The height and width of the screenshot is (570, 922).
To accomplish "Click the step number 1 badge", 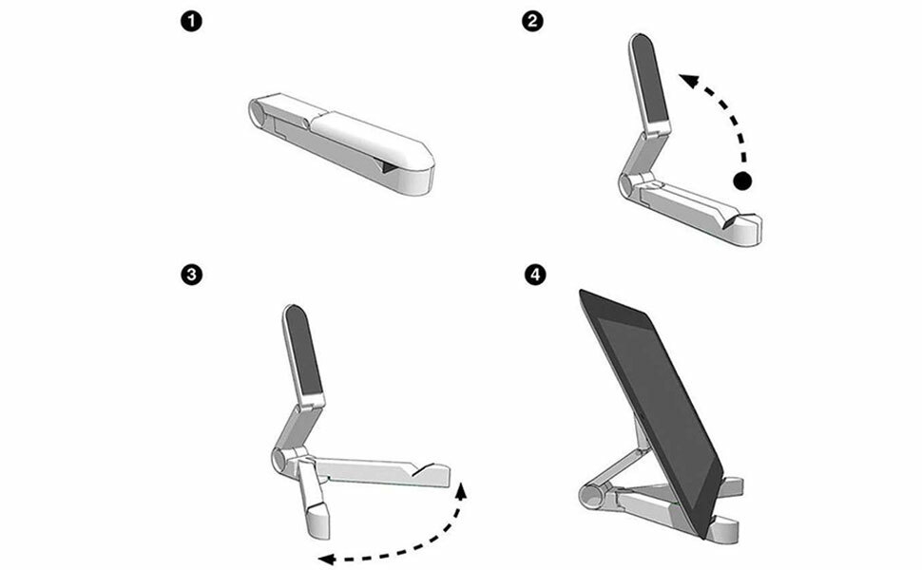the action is coord(191,23).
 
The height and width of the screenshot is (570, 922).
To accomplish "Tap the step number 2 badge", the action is coord(532,22).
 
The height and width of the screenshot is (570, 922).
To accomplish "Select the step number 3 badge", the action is coord(192,275).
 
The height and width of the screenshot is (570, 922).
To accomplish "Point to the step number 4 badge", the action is coord(534,275).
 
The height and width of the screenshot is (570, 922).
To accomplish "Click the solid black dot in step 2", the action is coord(742,181).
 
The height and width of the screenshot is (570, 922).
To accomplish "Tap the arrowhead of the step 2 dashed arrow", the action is coord(689,80).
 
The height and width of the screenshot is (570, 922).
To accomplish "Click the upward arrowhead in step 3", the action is coord(462,490).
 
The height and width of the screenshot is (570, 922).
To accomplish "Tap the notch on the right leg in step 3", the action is coord(423,469).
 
